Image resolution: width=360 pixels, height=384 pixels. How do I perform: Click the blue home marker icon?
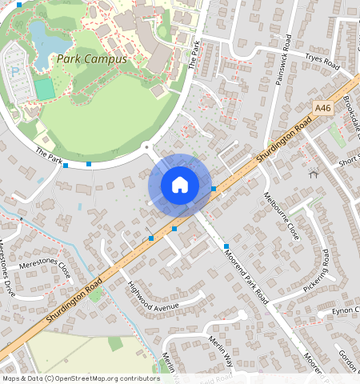(180, 185)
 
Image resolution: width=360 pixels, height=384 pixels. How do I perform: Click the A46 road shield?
(322, 108)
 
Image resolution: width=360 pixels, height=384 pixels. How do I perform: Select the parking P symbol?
(14, 71)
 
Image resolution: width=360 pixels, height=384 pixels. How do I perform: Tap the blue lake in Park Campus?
(38, 36)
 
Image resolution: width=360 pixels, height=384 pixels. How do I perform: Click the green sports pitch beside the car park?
(45, 89)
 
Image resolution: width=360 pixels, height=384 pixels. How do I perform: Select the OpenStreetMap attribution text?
(80, 378)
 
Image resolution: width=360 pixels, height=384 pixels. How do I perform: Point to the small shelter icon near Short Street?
(313, 173)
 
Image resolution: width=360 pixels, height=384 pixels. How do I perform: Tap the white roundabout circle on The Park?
(146, 146)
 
